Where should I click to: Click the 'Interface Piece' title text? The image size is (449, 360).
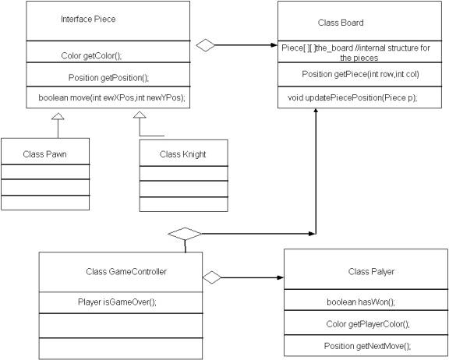click(x=88, y=19)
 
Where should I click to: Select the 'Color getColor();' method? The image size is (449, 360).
click(x=92, y=56)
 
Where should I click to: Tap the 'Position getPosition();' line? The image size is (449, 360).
click(x=109, y=78)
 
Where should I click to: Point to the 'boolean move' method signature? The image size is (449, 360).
click(x=112, y=98)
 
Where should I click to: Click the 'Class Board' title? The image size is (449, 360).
click(x=341, y=23)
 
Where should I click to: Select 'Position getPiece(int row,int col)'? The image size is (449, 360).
click(x=360, y=74)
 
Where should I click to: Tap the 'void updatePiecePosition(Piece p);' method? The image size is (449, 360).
click(x=352, y=98)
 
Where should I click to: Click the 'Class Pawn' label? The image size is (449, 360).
click(x=44, y=154)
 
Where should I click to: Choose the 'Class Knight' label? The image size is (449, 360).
click(x=182, y=154)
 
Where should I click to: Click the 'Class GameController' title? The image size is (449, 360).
click(x=126, y=271)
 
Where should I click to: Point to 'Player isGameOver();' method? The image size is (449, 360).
click(x=117, y=302)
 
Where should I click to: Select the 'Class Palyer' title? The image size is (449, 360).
click(x=371, y=271)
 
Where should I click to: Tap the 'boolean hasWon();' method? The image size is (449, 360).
click(x=361, y=302)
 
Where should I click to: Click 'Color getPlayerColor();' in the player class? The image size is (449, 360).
click(x=368, y=324)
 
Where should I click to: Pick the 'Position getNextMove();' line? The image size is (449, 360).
click(x=367, y=346)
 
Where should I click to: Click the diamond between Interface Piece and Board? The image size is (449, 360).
click(x=205, y=45)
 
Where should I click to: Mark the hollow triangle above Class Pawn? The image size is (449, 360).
click(x=58, y=116)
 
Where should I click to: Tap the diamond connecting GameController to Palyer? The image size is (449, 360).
click(x=212, y=277)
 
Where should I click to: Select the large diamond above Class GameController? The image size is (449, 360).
click(x=185, y=234)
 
